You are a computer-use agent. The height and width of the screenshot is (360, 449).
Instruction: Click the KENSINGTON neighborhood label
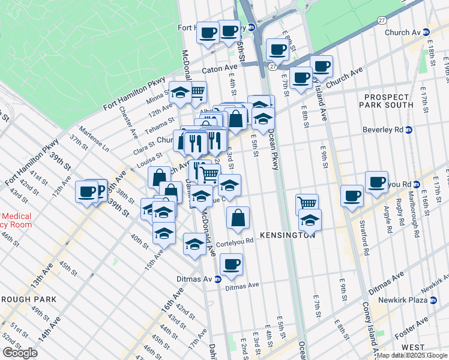(288, 235)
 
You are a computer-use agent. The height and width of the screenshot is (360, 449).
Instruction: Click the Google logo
(20, 353)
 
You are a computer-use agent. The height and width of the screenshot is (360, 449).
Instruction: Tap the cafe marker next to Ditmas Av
(231, 263)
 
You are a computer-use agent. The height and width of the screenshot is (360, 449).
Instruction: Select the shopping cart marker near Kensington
(307, 204)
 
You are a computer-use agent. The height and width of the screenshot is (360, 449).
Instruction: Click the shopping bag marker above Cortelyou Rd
(238, 218)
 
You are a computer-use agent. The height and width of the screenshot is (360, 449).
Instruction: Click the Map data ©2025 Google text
(412, 355)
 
